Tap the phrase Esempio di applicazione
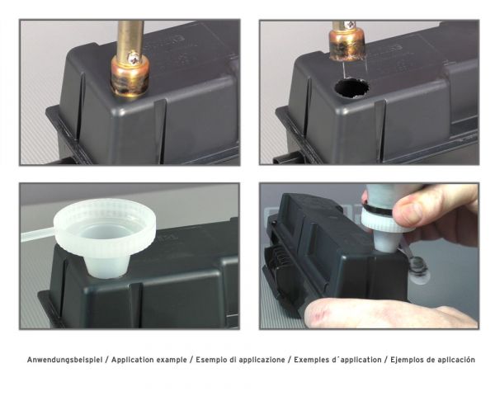pos(238,360)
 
